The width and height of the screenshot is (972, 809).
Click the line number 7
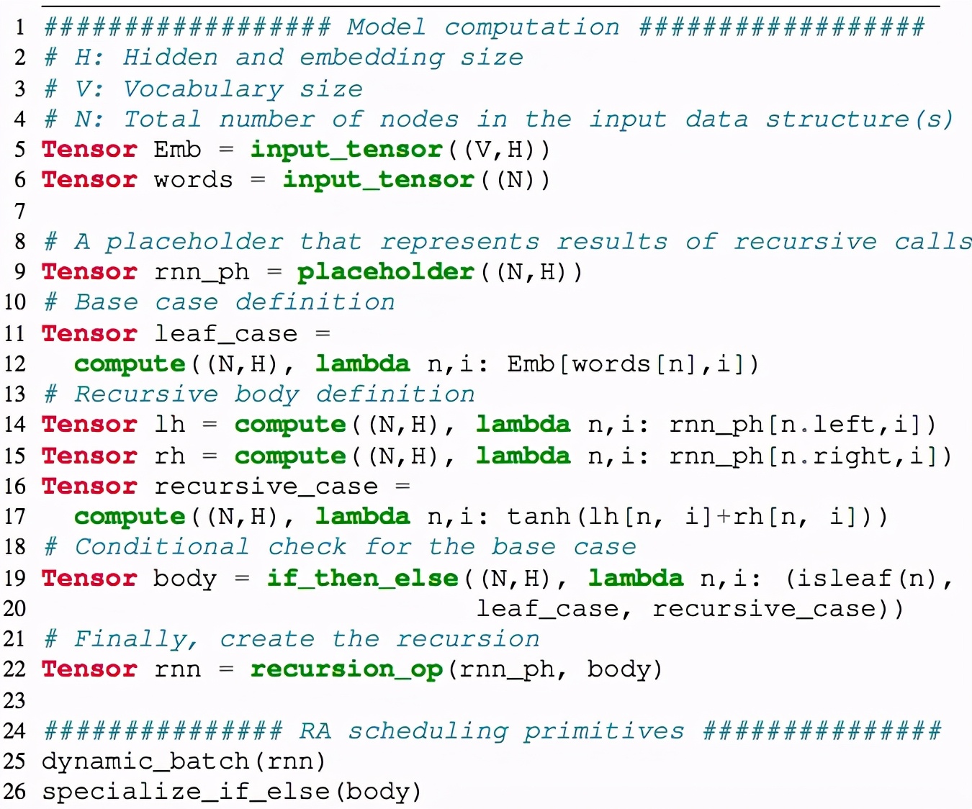(19, 211)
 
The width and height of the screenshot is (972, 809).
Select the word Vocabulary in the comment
(203, 89)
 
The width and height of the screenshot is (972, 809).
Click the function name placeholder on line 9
(386, 272)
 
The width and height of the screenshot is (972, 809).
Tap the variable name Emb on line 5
(177, 150)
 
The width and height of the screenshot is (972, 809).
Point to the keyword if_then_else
(362, 579)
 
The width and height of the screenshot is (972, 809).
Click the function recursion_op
(346, 669)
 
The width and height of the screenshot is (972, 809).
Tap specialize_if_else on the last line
(186, 792)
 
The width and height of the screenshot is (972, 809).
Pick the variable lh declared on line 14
(170, 425)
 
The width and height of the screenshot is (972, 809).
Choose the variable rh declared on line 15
(170, 456)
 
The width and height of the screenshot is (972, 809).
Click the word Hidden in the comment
(170, 58)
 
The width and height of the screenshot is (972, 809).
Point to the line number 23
(14, 700)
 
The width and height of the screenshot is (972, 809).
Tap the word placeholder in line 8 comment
(194, 242)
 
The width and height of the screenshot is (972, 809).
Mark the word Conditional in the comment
(161, 547)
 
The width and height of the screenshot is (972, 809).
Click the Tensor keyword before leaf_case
(89, 334)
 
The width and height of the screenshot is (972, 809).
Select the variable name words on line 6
(193, 180)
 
